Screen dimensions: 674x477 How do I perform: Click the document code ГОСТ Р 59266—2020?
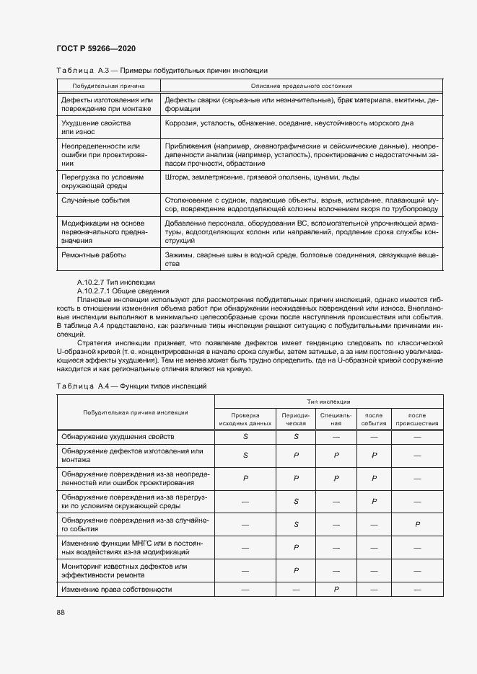(x=95, y=48)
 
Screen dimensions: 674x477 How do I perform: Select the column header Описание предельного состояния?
(x=301, y=86)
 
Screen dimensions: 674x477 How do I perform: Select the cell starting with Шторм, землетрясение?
(x=262, y=177)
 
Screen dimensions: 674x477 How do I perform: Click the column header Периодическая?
(x=296, y=420)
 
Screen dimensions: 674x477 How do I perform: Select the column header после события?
(x=374, y=420)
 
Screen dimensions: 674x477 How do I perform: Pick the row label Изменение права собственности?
(x=117, y=589)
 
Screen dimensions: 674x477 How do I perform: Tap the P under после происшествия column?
(x=418, y=524)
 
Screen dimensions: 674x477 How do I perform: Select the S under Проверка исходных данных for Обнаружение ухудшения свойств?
(x=245, y=437)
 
